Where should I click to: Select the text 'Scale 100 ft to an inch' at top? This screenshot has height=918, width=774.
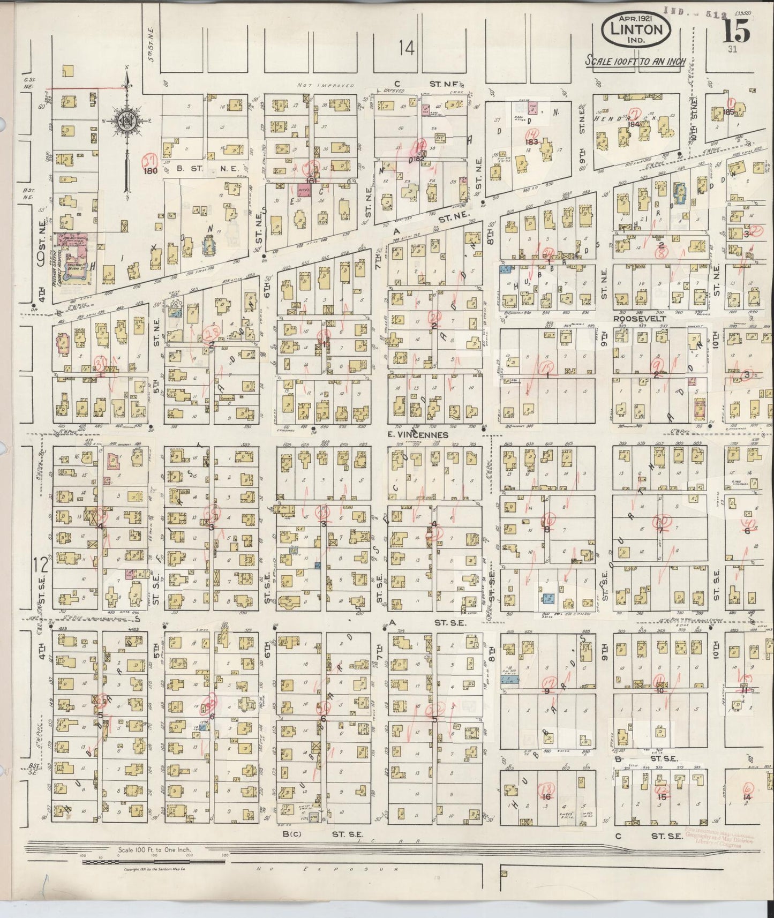(x=635, y=61)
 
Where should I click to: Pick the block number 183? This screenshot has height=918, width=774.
(x=531, y=141)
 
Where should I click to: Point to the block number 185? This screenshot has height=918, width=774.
(x=727, y=112)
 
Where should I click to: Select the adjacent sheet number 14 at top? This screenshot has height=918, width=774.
(x=407, y=49)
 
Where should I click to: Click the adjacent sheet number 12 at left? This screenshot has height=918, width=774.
(x=41, y=565)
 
